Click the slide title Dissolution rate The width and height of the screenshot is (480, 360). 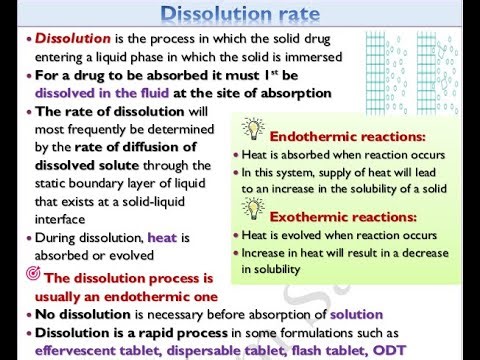coord(239,14)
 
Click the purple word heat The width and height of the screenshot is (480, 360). coord(163,238)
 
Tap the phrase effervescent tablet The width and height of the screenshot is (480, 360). coord(92,351)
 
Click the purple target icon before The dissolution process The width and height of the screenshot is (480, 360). coord(30,275)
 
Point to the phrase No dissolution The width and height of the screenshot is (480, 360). coord(77,314)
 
